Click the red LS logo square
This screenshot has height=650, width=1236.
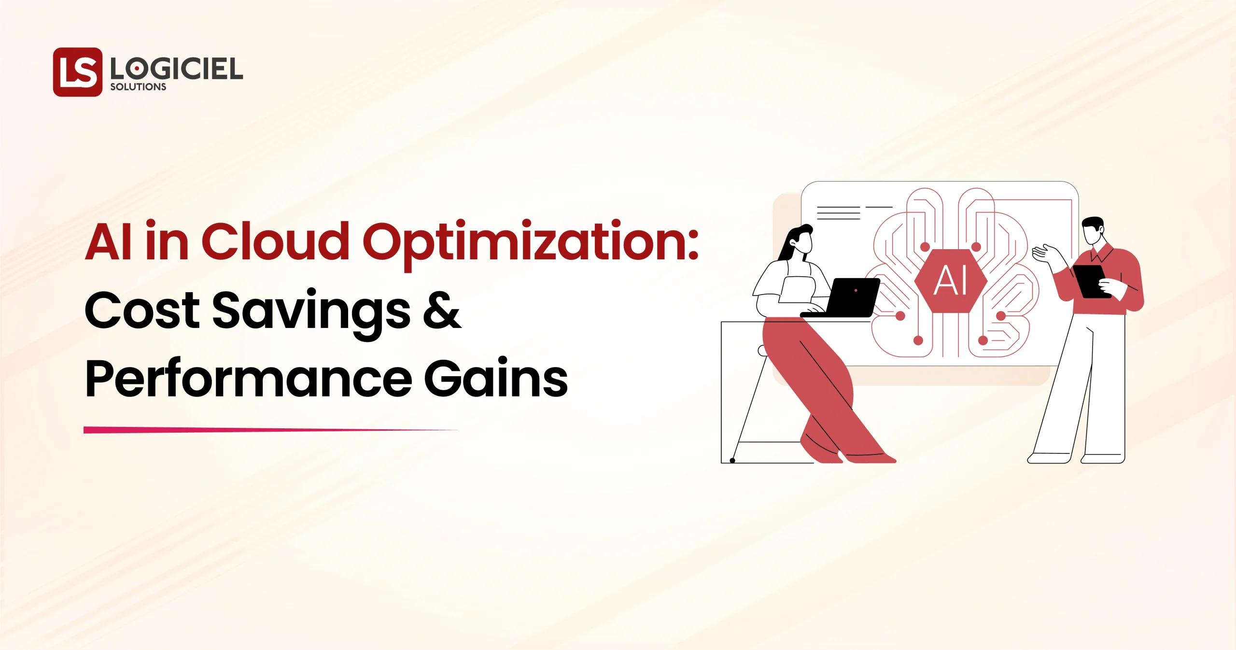coord(78,71)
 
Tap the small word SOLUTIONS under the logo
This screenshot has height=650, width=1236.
coord(138,87)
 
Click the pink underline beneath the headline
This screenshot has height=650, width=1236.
coord(270,430)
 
